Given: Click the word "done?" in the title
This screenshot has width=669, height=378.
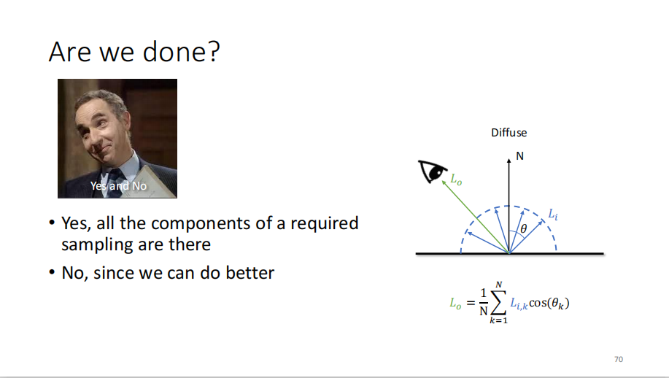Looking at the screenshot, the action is tap(181, 52).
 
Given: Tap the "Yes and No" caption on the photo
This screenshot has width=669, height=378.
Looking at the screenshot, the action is tap(118, 186).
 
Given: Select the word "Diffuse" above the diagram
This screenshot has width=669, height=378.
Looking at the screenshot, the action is tap(508, 133).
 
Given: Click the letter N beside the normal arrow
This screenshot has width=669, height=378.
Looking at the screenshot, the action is tap(519, 156).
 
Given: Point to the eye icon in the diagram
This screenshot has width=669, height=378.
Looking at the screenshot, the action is tap(432, 171).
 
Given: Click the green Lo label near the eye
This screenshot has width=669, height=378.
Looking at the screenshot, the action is tap(456, 180).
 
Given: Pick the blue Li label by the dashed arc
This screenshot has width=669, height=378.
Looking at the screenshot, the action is tap(553, 214).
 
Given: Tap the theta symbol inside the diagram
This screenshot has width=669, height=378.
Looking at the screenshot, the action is tap(524, 229).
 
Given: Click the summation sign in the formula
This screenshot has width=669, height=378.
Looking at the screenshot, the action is tap(498, 303).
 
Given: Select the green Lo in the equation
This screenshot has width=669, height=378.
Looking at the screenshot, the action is tap(456, 304).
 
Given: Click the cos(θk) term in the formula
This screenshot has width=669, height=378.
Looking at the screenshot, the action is tap(549, 304).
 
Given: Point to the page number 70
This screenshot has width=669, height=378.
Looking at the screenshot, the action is tap(619, 359).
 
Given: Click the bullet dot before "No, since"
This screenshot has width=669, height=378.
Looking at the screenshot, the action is tap(52, 272).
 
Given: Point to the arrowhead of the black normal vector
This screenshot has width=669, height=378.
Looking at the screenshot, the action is tap(508, 161).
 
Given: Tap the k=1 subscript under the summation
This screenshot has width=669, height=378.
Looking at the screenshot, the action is tap(498, 320).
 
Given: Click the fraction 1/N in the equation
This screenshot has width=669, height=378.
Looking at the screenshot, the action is tap(484, 302).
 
